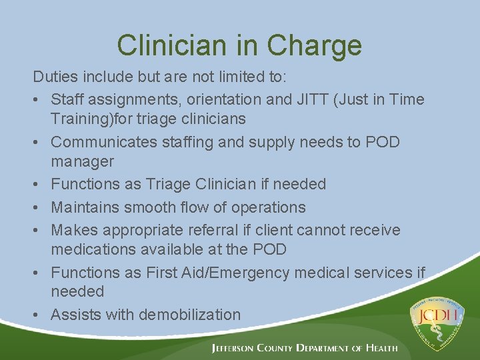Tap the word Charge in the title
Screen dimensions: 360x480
coord(315,45)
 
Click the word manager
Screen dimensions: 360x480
coord(82,161)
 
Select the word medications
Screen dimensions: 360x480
coord(92,249)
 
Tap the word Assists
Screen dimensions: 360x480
coord(76,314)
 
